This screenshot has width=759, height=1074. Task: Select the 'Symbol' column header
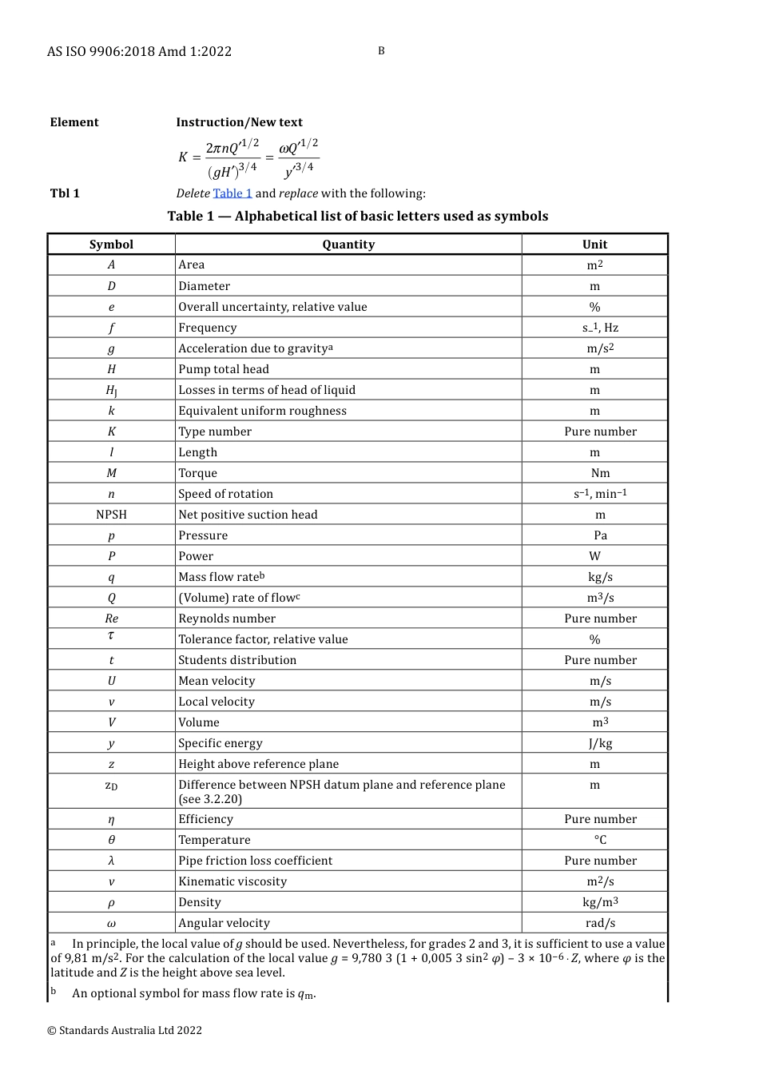point(111,245)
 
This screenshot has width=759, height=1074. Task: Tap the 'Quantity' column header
point(348,245)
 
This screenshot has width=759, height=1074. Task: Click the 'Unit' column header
point(594,245)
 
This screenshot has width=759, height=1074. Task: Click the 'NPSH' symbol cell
point(111,515)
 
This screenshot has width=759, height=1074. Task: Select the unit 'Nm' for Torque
point(600,473)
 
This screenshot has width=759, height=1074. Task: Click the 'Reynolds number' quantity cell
point(227,619)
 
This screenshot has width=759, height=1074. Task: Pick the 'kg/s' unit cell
point(600,577)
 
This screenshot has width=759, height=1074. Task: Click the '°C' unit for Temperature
point(600,840)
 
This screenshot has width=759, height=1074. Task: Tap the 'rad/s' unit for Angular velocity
point(600,923)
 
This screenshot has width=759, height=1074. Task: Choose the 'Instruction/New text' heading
point(239,122)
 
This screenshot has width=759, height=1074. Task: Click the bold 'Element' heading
point(74,122)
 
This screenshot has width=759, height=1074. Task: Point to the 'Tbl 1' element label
point(65,193)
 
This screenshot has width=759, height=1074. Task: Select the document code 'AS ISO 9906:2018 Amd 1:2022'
point(139,52)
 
